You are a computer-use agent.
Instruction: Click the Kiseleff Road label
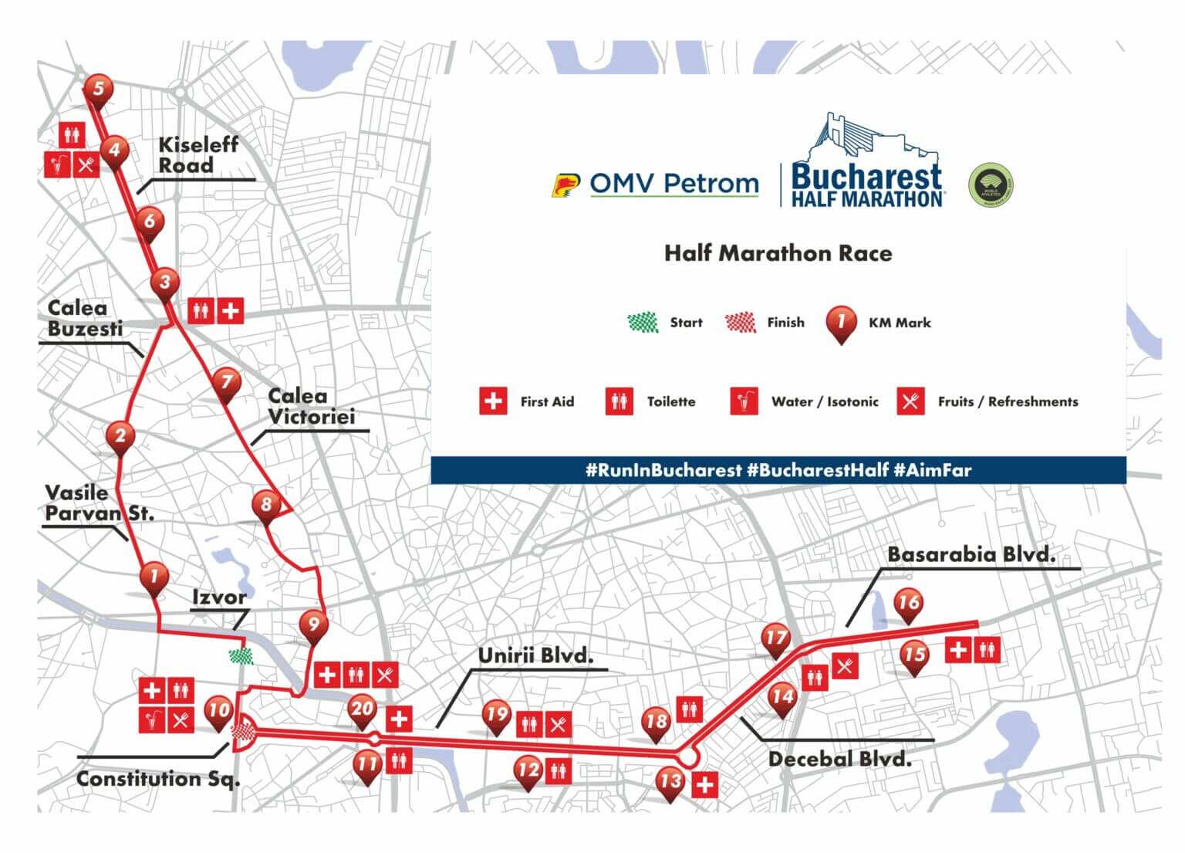click(197, 155)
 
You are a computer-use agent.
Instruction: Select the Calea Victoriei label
click(311, 407)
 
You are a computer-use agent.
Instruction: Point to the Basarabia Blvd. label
click(971, 554)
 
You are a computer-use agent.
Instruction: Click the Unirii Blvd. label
click(535, 656)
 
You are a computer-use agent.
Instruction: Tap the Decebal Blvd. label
click(839, 760)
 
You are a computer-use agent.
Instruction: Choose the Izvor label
click(219, 597)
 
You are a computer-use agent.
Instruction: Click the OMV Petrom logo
click(656, 184)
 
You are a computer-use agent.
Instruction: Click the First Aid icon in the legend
click(493, 401)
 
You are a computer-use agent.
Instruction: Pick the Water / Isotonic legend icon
click(744, 401)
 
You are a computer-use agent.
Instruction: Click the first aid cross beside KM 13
click(704, 786)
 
